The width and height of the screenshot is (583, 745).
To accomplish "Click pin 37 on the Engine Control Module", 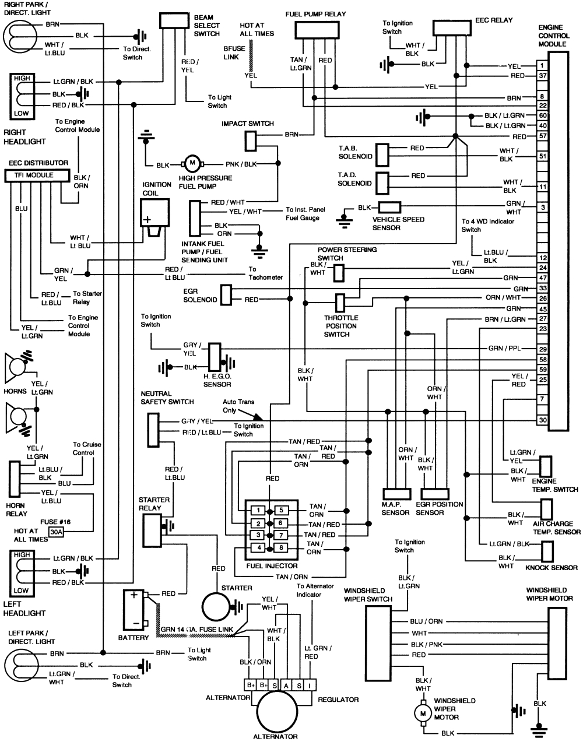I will pyautogui.click(x=542, y=76).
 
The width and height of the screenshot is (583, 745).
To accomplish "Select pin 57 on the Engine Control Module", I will pyautogui.click(x=542, y=136).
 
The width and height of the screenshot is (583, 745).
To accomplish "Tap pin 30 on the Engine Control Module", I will pyautogui.click(x=542, y=420).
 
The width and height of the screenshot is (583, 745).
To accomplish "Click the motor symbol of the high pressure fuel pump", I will pyautogui.click(x=191, y=164).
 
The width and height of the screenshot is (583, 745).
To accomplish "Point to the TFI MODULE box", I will pyautogui.click(x=37, y=175).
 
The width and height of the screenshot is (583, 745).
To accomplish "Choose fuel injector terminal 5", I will pyautogui.click(x=282, y=511).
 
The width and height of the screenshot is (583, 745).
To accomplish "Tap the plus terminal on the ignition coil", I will pyautogui.click(x=147, y=220).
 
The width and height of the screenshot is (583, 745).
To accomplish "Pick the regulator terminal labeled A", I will pyautogui.click(x=287, y=685).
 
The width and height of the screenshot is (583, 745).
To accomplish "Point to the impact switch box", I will pyautogui.click(x=250, y=140).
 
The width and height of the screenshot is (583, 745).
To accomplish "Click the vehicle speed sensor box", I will pyautogui.click(x=389, y=207).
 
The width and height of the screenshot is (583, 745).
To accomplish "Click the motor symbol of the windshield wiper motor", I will pyautogui.click(x=420, y=713).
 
